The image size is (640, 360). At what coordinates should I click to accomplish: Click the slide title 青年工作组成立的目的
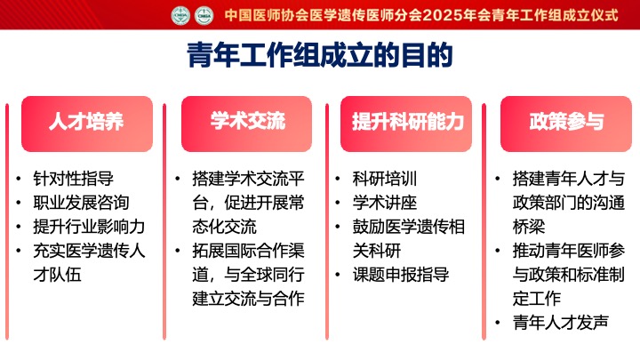[320, 55]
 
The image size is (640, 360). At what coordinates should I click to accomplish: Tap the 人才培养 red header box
[87, 124]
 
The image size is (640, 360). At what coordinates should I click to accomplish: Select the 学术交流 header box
[246, 124]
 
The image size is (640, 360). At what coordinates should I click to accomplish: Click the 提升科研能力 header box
[406, 124]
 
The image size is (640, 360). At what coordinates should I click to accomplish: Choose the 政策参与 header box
[566, 124]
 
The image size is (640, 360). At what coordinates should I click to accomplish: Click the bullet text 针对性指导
[74, 179]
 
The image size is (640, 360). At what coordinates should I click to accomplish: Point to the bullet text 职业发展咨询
[81, 203]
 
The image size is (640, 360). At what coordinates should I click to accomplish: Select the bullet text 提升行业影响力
[89, 227]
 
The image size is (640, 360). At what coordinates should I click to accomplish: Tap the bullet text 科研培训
[385, 179]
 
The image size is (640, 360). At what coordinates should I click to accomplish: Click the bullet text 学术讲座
[385, 203]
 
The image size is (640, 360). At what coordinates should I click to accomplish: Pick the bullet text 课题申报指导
[401, 275]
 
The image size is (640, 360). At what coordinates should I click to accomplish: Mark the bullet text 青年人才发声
[561, 323]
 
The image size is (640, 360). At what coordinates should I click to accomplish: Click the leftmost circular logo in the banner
[180, 15]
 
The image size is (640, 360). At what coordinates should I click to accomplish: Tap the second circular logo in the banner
[204, 15]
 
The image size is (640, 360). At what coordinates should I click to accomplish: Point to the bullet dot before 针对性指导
[19, 179]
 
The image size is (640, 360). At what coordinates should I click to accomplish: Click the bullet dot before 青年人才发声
[498, 323]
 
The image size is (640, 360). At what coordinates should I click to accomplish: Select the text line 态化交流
[225, 227]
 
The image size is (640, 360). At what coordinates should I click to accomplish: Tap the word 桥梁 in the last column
[529, 227]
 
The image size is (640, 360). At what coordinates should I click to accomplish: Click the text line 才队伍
[57, 275]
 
